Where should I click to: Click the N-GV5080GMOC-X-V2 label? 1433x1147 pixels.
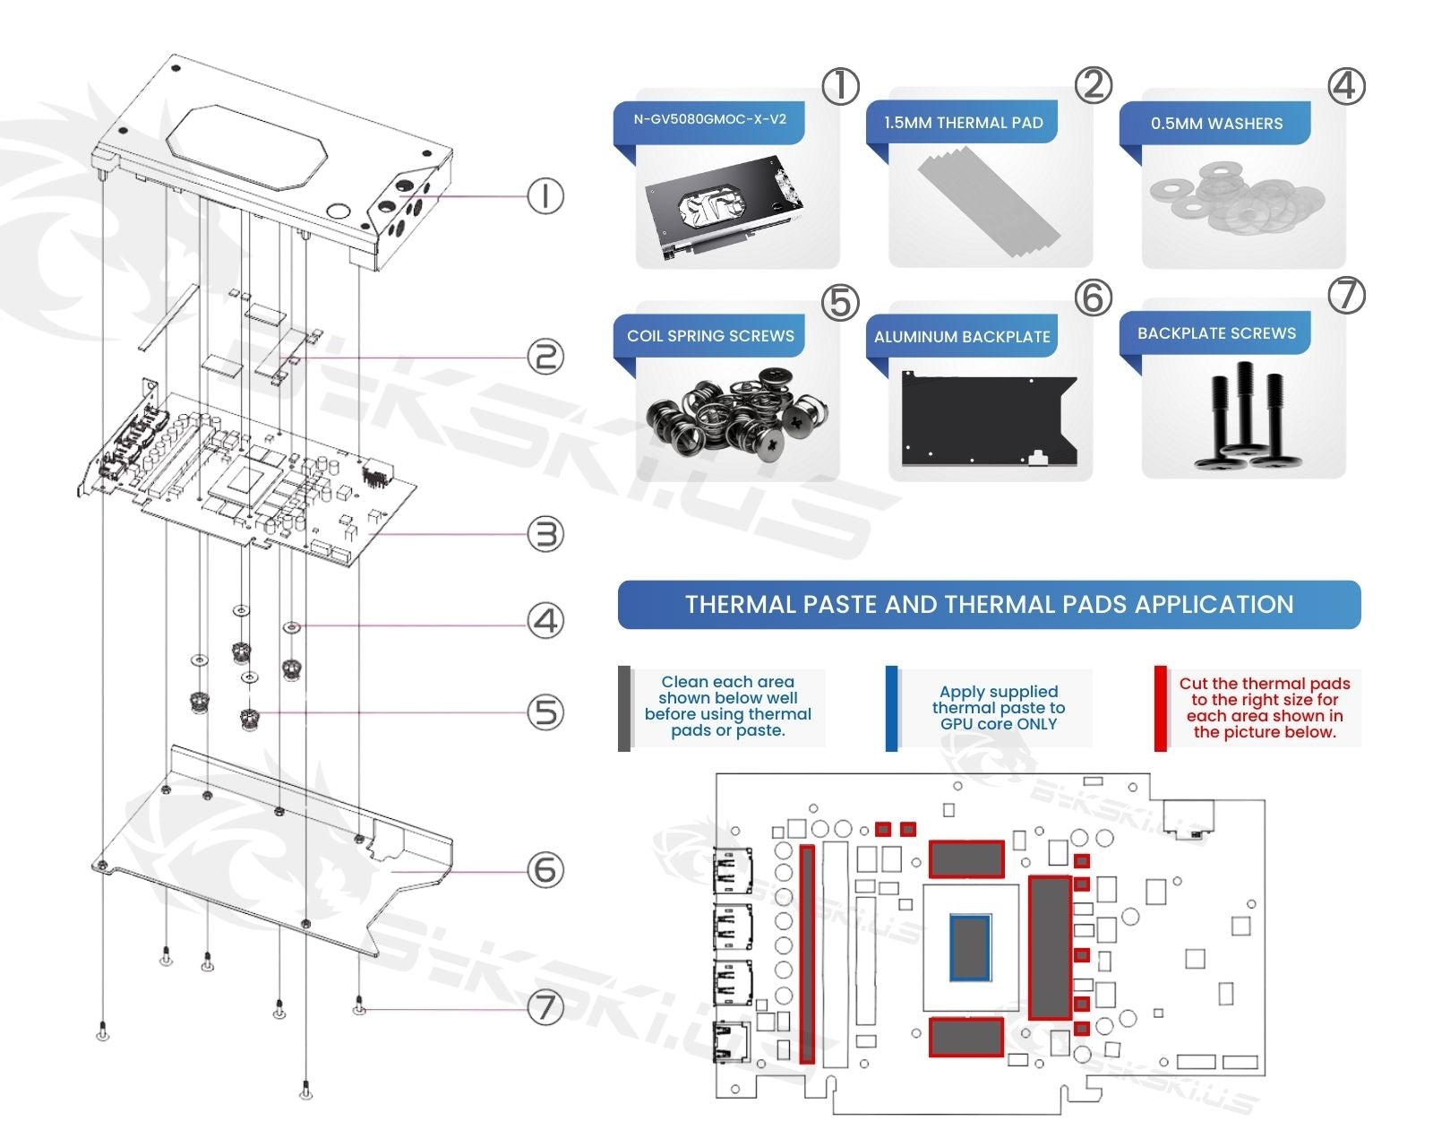point(709,119)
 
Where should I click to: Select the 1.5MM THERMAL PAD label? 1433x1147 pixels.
point(963,123)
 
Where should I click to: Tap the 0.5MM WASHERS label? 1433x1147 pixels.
point(1216,124)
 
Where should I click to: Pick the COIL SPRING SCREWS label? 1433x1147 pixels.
point(710,336)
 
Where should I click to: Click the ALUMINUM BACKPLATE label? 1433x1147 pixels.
point(962,337)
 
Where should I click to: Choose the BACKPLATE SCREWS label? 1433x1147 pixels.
point(1216,333)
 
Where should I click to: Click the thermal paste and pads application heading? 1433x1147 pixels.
point(989,605)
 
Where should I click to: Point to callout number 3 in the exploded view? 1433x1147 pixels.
point(545,534)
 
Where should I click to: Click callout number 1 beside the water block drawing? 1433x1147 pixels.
point(545,195)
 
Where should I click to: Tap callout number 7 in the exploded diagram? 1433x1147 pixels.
point(545,1007)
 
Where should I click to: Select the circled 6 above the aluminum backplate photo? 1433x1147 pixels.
point(1093,298)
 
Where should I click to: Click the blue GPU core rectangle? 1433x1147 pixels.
point(970,946)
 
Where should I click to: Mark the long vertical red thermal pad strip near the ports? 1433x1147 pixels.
point(807,953)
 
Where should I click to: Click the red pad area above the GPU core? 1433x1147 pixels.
point(965,859)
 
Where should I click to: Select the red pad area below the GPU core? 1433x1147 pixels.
point(965,1037)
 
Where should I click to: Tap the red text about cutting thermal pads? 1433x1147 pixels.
point(1264,708)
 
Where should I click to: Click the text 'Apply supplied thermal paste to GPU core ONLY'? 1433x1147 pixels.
point(999,708)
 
